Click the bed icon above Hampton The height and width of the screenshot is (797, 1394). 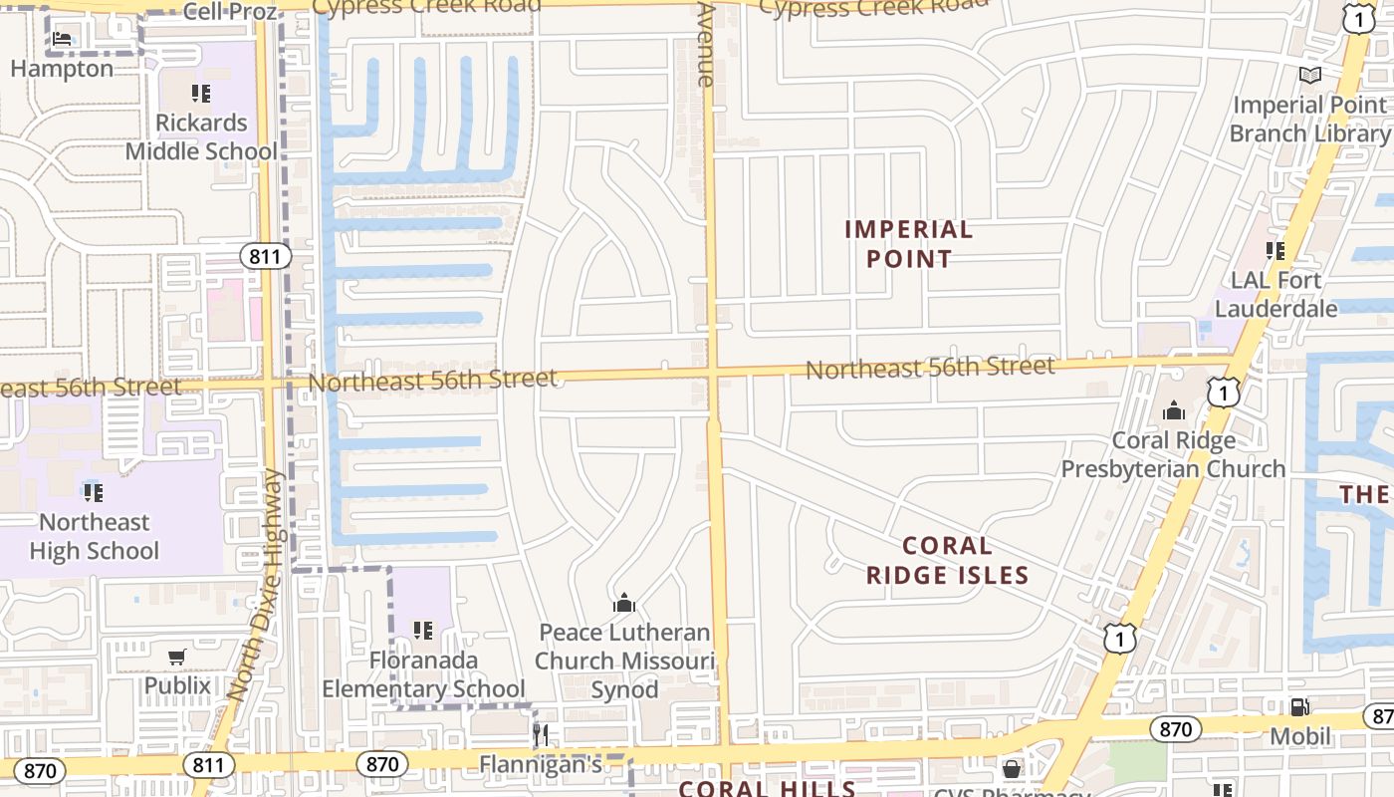(62, 40)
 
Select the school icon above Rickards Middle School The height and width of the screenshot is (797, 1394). (201, 94)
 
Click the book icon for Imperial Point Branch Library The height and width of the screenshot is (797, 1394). (1310, 76)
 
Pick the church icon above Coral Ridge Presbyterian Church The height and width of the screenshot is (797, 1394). (1174, 410)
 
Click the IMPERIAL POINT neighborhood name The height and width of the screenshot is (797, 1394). (908, 244)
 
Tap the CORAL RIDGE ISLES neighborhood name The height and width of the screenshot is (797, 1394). (947, 560)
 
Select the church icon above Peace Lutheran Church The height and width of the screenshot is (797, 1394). (624, 603)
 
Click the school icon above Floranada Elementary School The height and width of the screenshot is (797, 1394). (423, 630)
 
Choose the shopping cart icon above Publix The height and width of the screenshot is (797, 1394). (177, 657)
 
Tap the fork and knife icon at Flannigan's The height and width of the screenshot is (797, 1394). (541, 735)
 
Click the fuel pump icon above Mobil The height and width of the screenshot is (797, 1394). (1299, 706)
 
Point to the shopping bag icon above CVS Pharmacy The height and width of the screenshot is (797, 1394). (1012, 769)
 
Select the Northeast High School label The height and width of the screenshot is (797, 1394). (94, 536)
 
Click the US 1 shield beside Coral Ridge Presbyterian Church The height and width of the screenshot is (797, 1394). (1224, 393)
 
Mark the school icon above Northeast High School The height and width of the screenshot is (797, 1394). (94, 492)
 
